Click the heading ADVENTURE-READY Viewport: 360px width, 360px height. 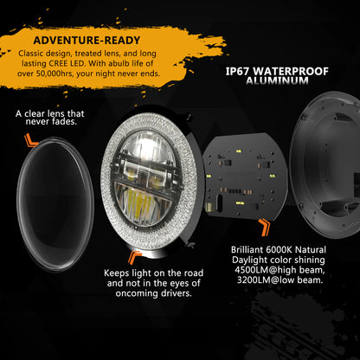coord(87,41)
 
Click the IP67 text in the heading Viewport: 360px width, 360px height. coord(236,71)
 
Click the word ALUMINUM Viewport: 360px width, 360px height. coord(277,80)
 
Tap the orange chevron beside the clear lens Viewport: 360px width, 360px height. coord(30,140)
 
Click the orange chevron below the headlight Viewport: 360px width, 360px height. coord(135,257)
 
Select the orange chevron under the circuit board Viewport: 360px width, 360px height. coord(264,227)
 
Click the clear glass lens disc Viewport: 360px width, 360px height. coord(55,204)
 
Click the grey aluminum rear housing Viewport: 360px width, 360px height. coord(326,164)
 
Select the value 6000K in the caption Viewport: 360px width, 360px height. coord(278,249)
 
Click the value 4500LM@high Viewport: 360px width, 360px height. coord(266,270)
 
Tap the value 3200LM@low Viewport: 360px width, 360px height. coord(265,280)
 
